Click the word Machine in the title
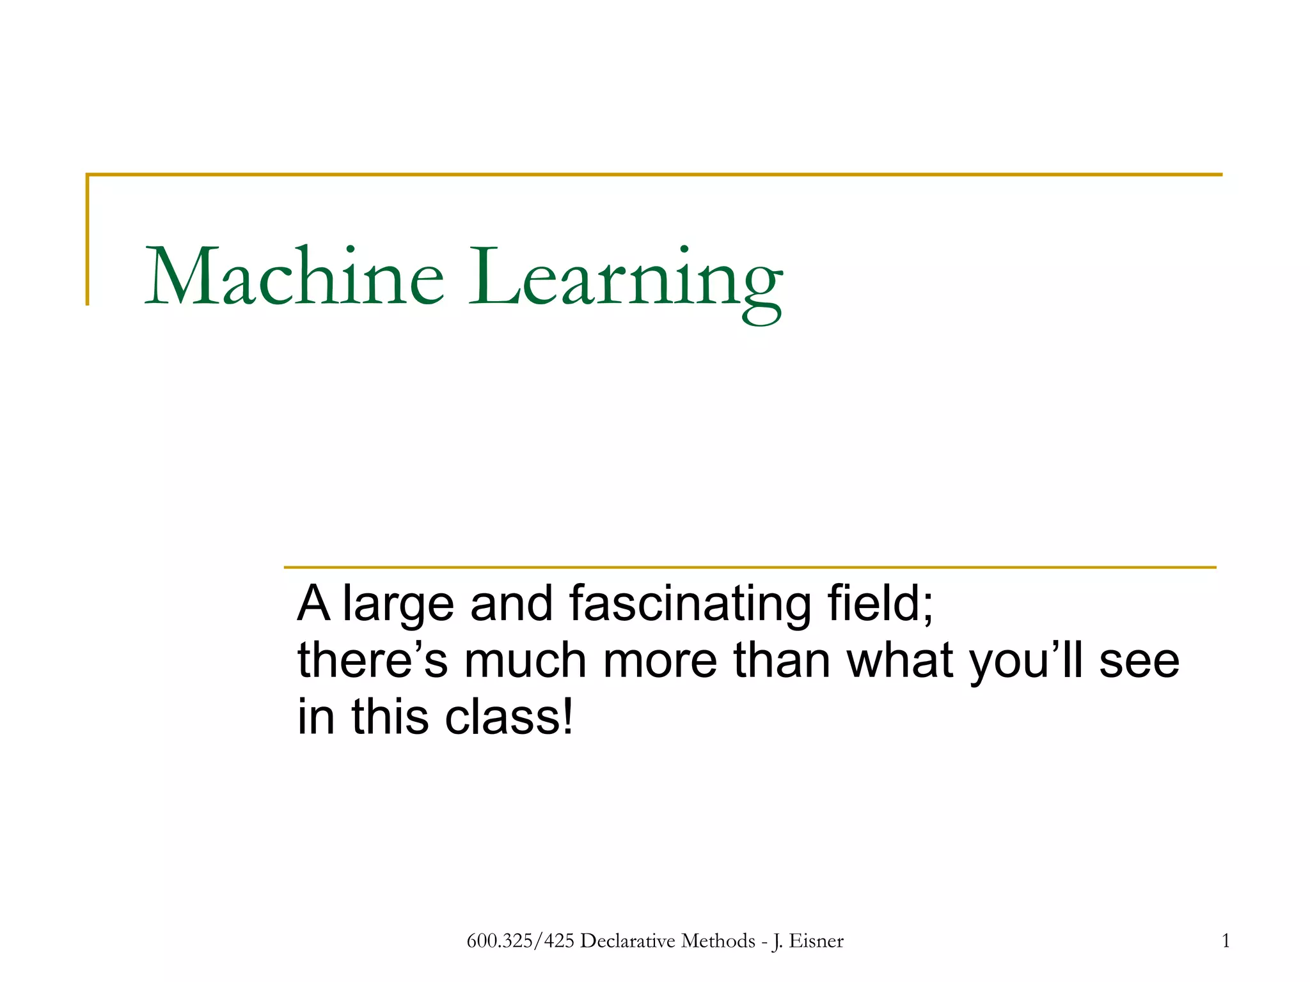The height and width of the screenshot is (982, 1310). (x=295, y=277)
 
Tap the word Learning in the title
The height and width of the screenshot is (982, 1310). (x=626, y=281)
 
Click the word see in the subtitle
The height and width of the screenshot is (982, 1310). (x=1139, y=662)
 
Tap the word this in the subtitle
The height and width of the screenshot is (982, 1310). (x=390, y=717)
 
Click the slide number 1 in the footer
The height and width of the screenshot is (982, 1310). (x=1226, y=940)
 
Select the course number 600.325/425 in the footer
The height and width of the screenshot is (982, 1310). (x=520, y=940)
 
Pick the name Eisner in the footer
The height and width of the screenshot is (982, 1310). (x=816, y=940)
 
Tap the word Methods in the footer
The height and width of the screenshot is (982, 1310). (x=718, y=940)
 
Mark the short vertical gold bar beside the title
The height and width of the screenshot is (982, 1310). (x=88, y=240)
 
